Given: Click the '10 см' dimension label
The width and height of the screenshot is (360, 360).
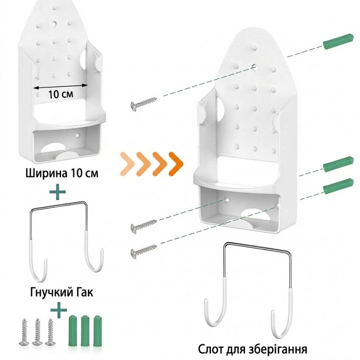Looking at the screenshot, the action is pos(61,94).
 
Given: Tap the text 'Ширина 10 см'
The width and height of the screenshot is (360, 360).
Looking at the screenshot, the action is pos(62,173).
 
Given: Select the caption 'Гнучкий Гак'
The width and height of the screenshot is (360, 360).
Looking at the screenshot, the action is pos(62,292).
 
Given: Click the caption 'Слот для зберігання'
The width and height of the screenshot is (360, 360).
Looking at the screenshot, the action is pos(253,349).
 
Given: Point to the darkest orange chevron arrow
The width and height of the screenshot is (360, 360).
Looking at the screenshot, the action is pos(176,164).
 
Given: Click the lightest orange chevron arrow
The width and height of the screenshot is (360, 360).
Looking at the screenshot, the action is pos(128,164).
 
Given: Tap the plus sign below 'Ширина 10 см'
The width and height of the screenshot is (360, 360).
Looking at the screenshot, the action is pos(58,191).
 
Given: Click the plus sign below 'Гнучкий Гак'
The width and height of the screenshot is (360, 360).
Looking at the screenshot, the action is pos(59,310).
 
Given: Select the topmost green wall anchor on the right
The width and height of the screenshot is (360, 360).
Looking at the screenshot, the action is pos(338,41).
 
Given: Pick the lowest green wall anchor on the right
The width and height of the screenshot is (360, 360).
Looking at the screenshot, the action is pos(338,186).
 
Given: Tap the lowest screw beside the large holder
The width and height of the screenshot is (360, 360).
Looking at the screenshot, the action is pos(144,251).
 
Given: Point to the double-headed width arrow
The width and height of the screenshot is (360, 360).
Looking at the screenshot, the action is pos(61,86).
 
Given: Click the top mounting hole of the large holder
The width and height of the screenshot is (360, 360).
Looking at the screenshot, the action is pos(254,67).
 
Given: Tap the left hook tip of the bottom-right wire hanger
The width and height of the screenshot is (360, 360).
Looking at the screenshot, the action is pos(206,300).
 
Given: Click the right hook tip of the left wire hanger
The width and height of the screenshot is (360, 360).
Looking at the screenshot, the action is pos(102,250).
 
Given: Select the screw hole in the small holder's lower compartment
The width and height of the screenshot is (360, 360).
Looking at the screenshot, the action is pos(78,135).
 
